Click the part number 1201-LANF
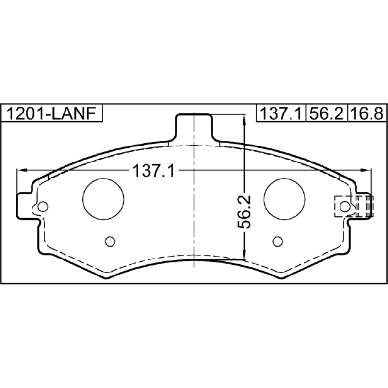(x=51, y=113)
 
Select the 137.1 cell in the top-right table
(x=281, y=113)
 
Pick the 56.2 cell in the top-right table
(x=326, y=113)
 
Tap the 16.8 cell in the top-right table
(x=367, y=113)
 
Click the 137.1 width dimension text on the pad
(x=154, y=171)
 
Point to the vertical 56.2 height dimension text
(x=244, y=212)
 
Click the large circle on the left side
(x=103, y=199)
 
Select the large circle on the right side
(x=284, y=199)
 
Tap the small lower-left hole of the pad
(x=110, y=241)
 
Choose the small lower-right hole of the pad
(x=277, y=241)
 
